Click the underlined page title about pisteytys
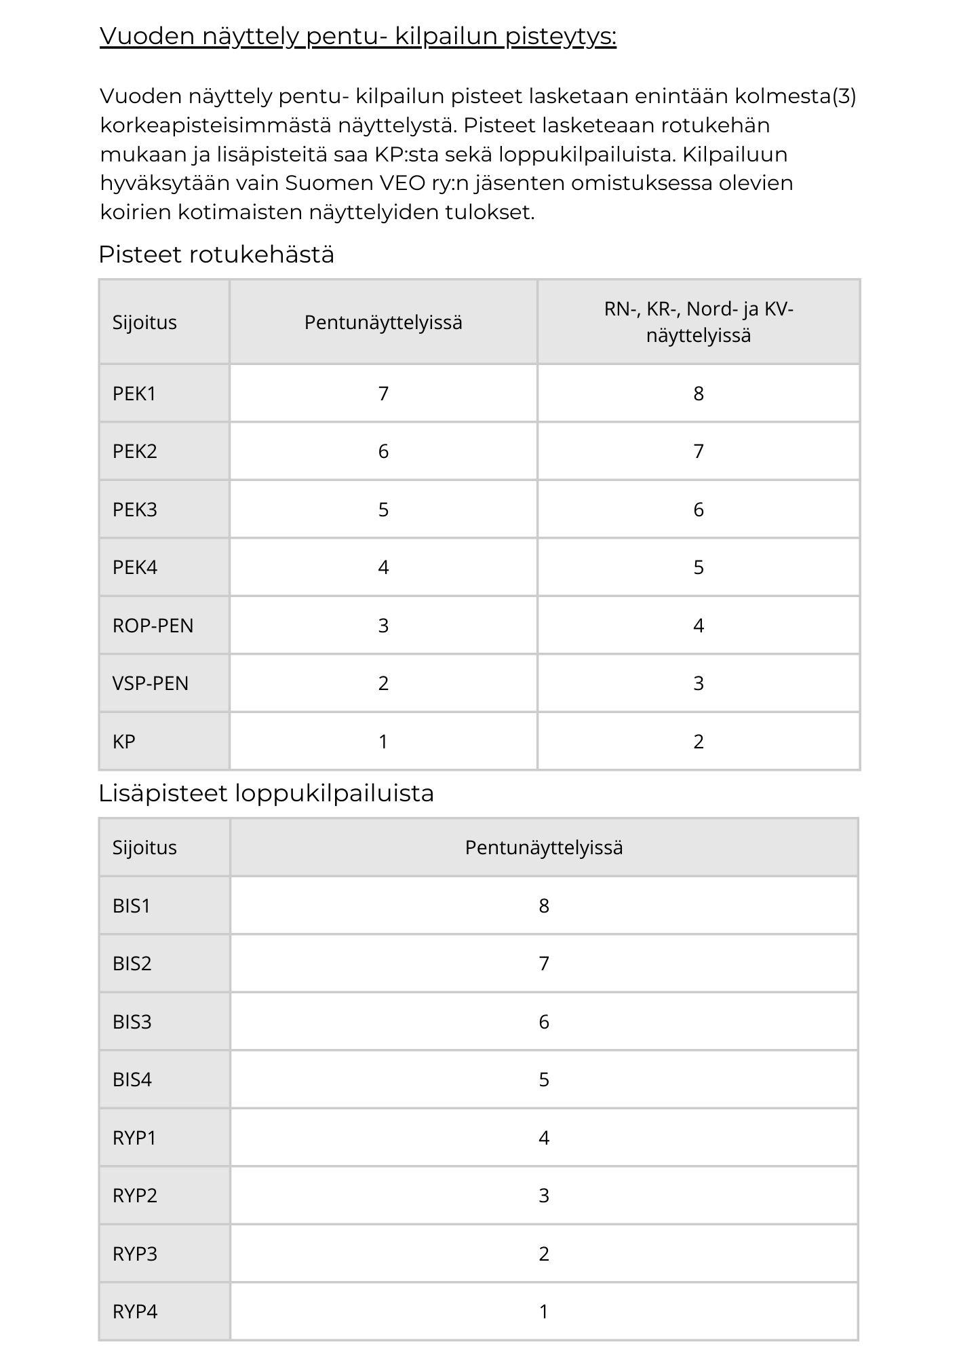coord(357,36)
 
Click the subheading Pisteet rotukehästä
coord(216,254)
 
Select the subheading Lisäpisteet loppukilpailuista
coord(266,792)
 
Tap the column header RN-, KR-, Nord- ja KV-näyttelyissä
coord(698,322)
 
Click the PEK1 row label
coord(134,394)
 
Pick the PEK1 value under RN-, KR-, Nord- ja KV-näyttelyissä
coord(698,394)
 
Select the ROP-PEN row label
coord(153,626)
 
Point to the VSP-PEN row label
coord(150,683)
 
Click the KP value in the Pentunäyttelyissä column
coord(383,742)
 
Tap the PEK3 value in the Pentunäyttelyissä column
coord(383,510)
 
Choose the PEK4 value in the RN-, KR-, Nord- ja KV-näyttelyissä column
coord(698,567)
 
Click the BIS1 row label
coord(132,906)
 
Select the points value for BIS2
coord(543,963)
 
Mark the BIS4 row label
coord(132,1079)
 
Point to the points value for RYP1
coord(543,1138)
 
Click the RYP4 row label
coord(135,1312)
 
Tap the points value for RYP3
coord(543,1254)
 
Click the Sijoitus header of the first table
coord(144,322)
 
